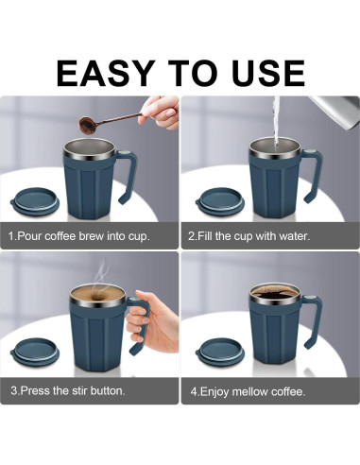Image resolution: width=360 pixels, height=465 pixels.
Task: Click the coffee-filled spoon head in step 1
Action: tap(86, 123)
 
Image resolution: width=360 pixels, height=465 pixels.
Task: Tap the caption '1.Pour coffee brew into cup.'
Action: tap(79, 234)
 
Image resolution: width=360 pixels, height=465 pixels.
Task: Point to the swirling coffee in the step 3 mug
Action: tap(98, 295)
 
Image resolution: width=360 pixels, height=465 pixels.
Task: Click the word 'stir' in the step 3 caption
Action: tap(81, 389)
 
